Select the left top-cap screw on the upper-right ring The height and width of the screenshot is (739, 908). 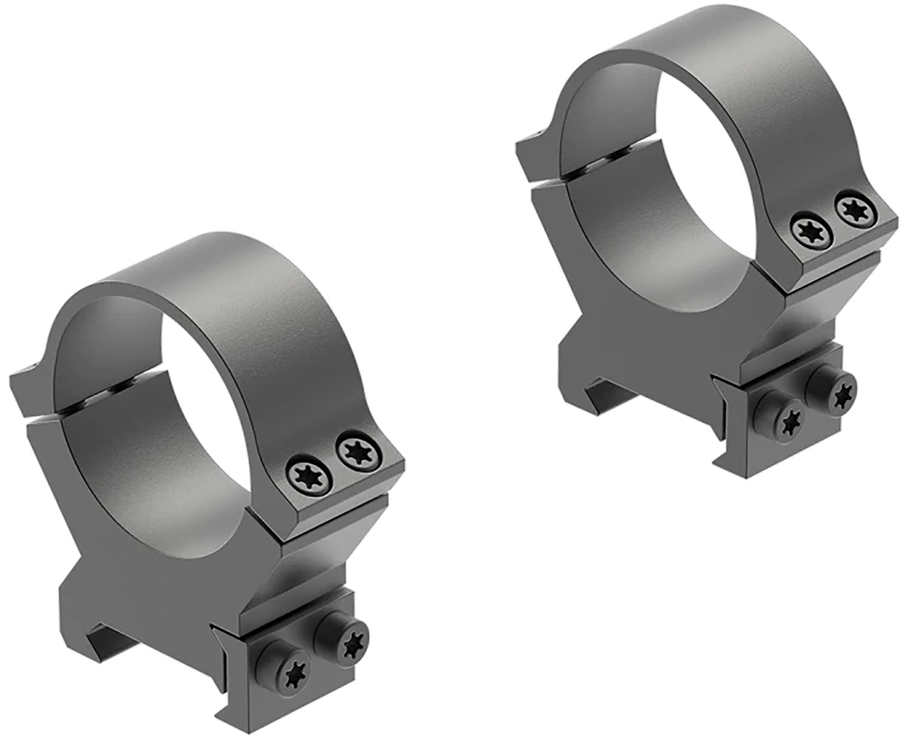808,229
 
